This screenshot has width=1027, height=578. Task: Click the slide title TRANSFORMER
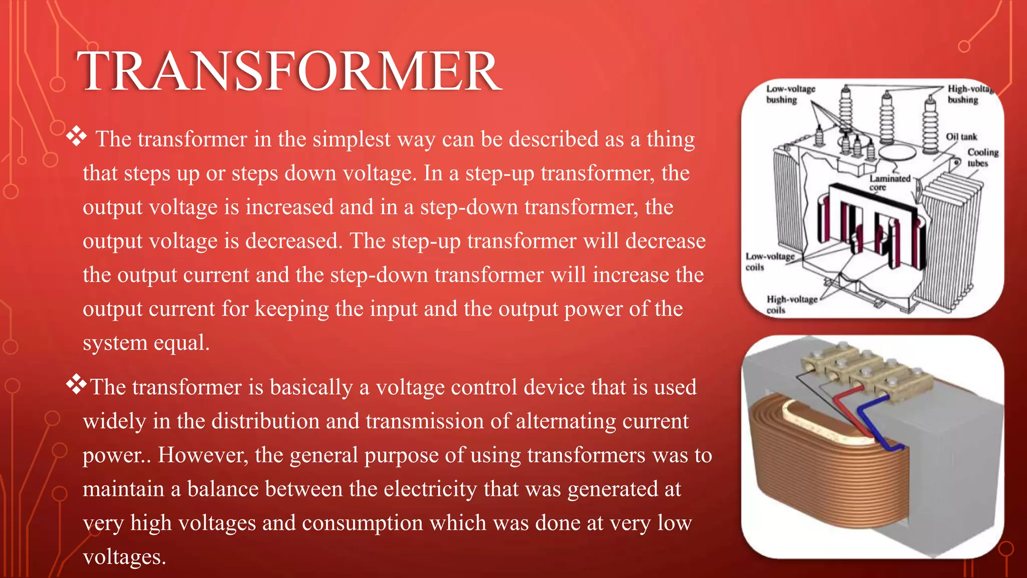tap(289, 71)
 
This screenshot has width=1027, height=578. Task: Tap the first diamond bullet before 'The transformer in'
tap(76, 136)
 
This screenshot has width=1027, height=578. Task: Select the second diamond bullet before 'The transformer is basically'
tap(76, 384)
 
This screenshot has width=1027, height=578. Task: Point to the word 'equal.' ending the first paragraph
tap(181, 343)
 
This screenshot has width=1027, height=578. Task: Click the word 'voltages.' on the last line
tap(124, 557)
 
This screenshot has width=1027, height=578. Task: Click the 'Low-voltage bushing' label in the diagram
tap(790, 94)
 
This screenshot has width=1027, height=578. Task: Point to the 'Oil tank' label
tap(961, 137)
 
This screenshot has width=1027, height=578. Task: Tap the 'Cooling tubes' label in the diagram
tap(982, 158)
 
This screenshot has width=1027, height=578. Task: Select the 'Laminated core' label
tap(890, 183)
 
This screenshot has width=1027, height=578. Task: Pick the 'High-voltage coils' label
tap(791, 305)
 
